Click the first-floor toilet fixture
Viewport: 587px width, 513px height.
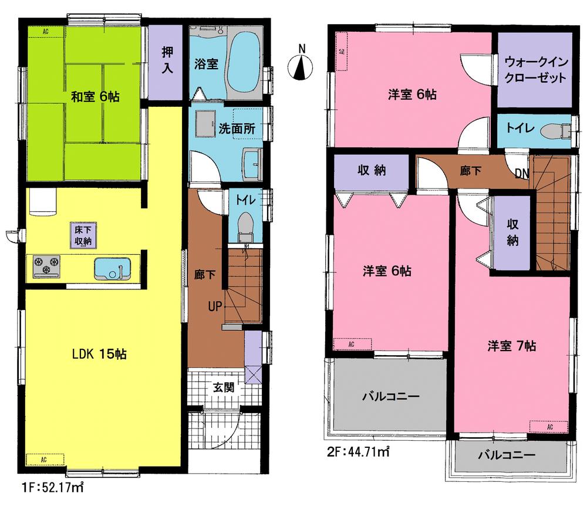[x=245, y=226]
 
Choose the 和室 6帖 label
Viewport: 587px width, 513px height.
[x=95, y=96]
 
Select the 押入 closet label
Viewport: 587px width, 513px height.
[x=167, y=59]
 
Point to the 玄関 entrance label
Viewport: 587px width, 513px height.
[x=224, y=387]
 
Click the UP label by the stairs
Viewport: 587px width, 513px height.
[x=214, y=306]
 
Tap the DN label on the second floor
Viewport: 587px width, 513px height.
[x=522, y=173]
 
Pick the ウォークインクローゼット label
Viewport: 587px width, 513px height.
[x=535, y=69]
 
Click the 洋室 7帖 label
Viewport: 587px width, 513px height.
[x=511, y=346]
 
